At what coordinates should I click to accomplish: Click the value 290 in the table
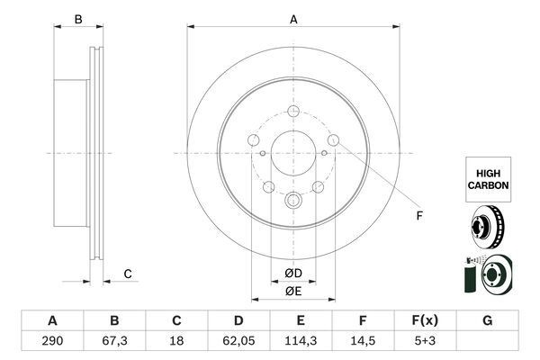tap(52, 341)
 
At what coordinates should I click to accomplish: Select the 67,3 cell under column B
tap(114, 341)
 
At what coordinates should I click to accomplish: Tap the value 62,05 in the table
tap(238, 341)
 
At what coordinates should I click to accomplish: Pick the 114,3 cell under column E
tap(301, 341)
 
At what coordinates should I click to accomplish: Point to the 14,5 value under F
tap(363, 341)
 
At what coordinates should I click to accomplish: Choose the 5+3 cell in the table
tap(425, 341)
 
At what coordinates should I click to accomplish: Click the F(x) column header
tap(425, 320)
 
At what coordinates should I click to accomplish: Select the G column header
tap(487, 320)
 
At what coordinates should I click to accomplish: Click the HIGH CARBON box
tap(489, 179)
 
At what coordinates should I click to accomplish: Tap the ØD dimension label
tap(293, 274)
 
